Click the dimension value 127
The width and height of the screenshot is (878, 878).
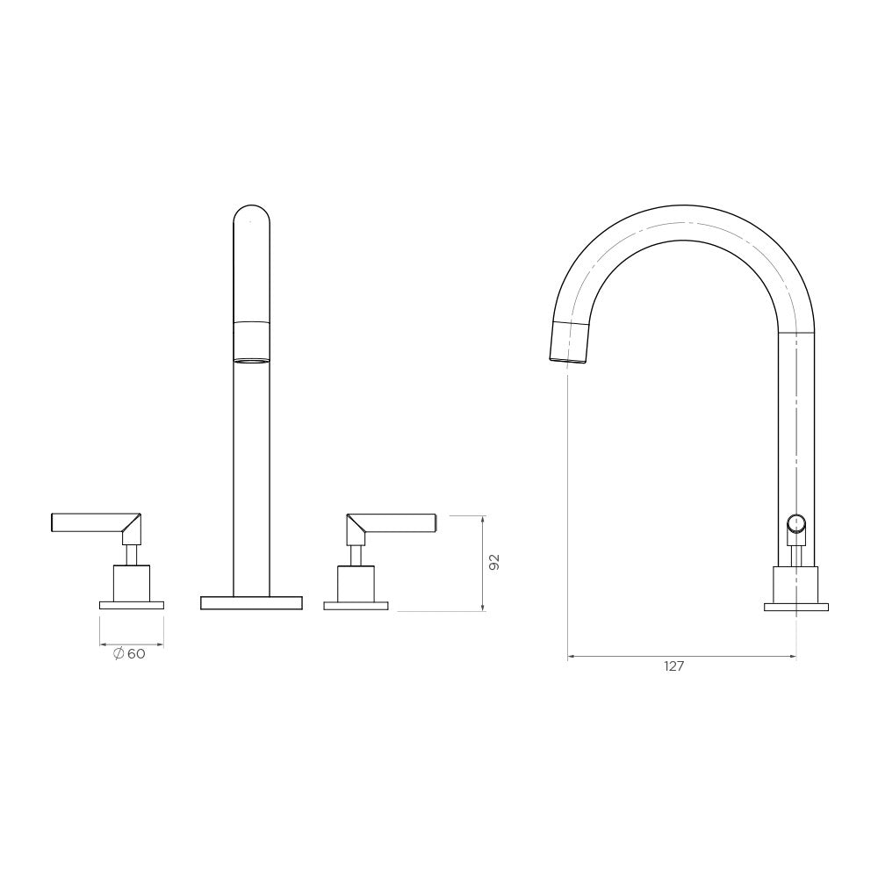pos(673,666)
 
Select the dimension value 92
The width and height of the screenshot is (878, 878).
pos(494,563)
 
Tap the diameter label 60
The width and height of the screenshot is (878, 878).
pos(136,653)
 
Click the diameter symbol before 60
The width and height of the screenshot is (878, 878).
pos(119,653)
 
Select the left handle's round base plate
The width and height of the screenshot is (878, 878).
pos(132,605)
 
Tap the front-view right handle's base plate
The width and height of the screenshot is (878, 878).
pos(356,605)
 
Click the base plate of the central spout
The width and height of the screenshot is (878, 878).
pos(251,602)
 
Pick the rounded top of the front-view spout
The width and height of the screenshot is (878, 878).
pos(251,216)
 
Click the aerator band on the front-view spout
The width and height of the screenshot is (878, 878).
pos(251,342)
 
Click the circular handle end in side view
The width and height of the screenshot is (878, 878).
pos(795,525)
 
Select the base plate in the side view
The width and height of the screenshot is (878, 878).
pos(795,606)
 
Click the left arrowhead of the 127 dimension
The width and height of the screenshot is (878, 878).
pos(572,655)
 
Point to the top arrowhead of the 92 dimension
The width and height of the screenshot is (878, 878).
pos(482,518)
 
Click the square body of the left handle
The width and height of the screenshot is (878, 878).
pos(132,582)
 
